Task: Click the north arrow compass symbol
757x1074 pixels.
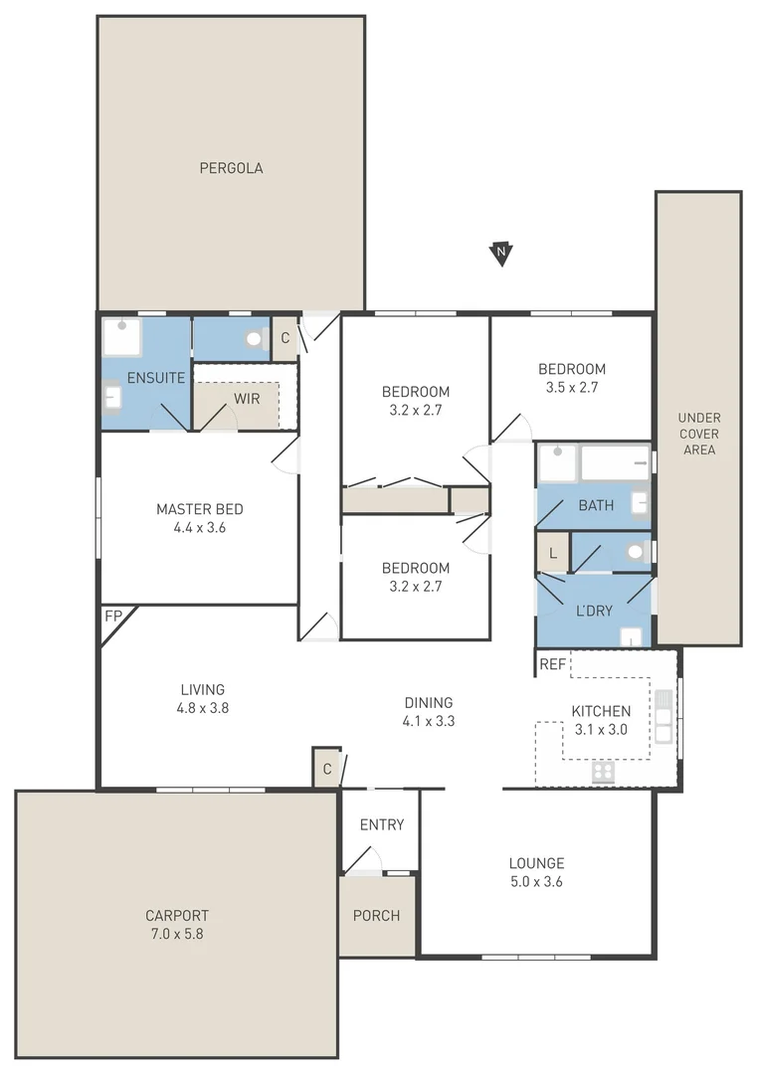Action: (501, 255)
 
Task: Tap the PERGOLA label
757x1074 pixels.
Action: (231, 168)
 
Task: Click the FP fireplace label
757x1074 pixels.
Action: (112, 617)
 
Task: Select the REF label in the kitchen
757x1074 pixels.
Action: (551, 663)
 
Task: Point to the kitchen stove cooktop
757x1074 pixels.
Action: (603, 772)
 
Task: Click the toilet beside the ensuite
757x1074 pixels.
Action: (254, 339)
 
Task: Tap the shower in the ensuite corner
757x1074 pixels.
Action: (122, 336)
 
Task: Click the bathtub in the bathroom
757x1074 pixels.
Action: (614, 462)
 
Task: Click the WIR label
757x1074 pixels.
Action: (247, 398)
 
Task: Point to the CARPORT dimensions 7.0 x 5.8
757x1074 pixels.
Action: (177, 934)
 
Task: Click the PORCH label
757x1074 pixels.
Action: (377, 916)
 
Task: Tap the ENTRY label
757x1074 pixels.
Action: (382, 824)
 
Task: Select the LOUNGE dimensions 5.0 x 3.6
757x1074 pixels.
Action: (536, 881)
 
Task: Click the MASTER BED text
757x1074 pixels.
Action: (199, 509)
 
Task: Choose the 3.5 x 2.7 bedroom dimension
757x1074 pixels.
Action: (571, 388)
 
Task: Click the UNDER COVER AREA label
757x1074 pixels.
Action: (699, 434)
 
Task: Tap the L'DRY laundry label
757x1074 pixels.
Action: (594, 611)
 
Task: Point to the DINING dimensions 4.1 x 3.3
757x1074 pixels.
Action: (428, 721)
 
